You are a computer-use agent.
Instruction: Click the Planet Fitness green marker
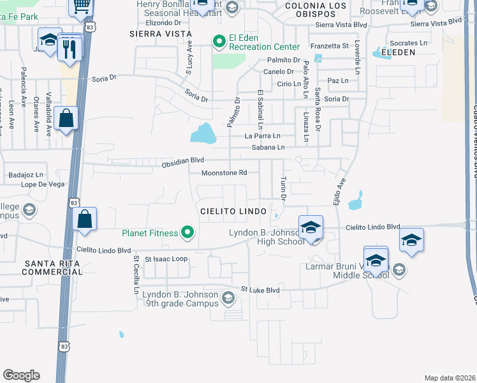tap(187, 233)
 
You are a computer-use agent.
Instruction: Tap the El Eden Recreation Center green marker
tap(220, 42)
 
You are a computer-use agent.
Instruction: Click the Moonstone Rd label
tap(224, 173)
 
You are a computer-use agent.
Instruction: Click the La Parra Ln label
tap(263, 136)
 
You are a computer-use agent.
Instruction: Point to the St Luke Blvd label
tap(260, 290)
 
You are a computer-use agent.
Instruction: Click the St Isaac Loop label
tap(166, 259)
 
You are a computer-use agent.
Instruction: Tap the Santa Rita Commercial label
tap(52, 267)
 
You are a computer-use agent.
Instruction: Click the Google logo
tap(21, 375)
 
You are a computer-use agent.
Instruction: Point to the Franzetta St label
tap(330, 46)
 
